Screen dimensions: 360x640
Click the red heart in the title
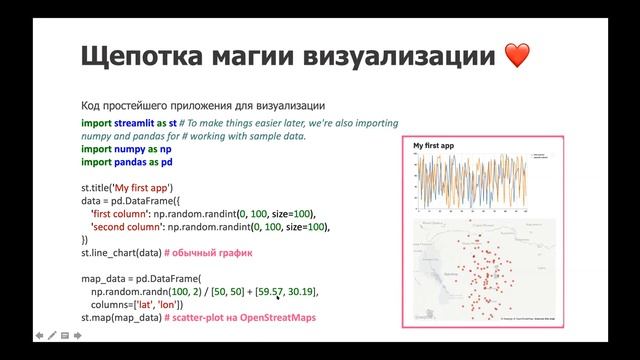(517, 55)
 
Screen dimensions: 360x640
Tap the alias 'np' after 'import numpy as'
(157, 148)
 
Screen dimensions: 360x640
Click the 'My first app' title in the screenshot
(433, 146)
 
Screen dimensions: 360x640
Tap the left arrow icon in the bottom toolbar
(38, 336)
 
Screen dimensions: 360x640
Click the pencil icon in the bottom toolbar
(51, 336)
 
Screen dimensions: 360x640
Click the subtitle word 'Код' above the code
(90, 106)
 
